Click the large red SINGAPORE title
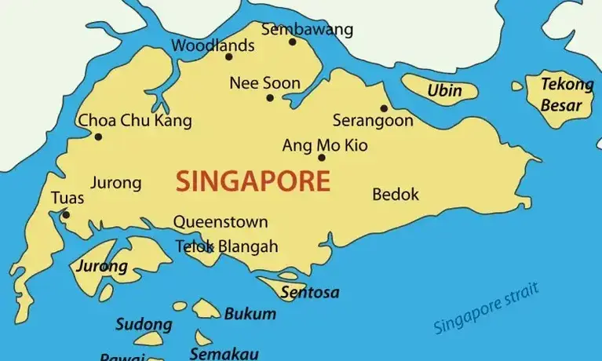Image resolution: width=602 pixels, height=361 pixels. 253,181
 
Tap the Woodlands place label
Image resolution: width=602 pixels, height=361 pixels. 213,46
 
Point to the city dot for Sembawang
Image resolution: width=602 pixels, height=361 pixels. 293,42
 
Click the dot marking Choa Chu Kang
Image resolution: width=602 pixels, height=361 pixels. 98,137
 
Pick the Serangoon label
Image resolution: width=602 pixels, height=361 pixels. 373,121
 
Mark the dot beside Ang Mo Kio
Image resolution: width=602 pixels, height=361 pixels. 321,157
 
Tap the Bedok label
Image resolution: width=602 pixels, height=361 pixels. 396,194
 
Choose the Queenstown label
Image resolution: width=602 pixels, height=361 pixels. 221,222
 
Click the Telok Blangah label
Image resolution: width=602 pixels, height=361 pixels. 226,246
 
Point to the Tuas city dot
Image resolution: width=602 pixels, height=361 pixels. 66,214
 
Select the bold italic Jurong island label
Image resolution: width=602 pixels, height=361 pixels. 101,266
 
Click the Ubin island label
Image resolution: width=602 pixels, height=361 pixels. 444,91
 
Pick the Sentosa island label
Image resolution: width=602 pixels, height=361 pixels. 310,293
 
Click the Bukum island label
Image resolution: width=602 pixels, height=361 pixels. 250,314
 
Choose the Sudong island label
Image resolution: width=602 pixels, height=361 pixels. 144,324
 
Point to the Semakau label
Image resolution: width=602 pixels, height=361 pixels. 224,353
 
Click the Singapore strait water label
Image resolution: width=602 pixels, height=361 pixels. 487,310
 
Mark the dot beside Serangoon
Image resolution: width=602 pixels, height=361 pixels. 384,108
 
